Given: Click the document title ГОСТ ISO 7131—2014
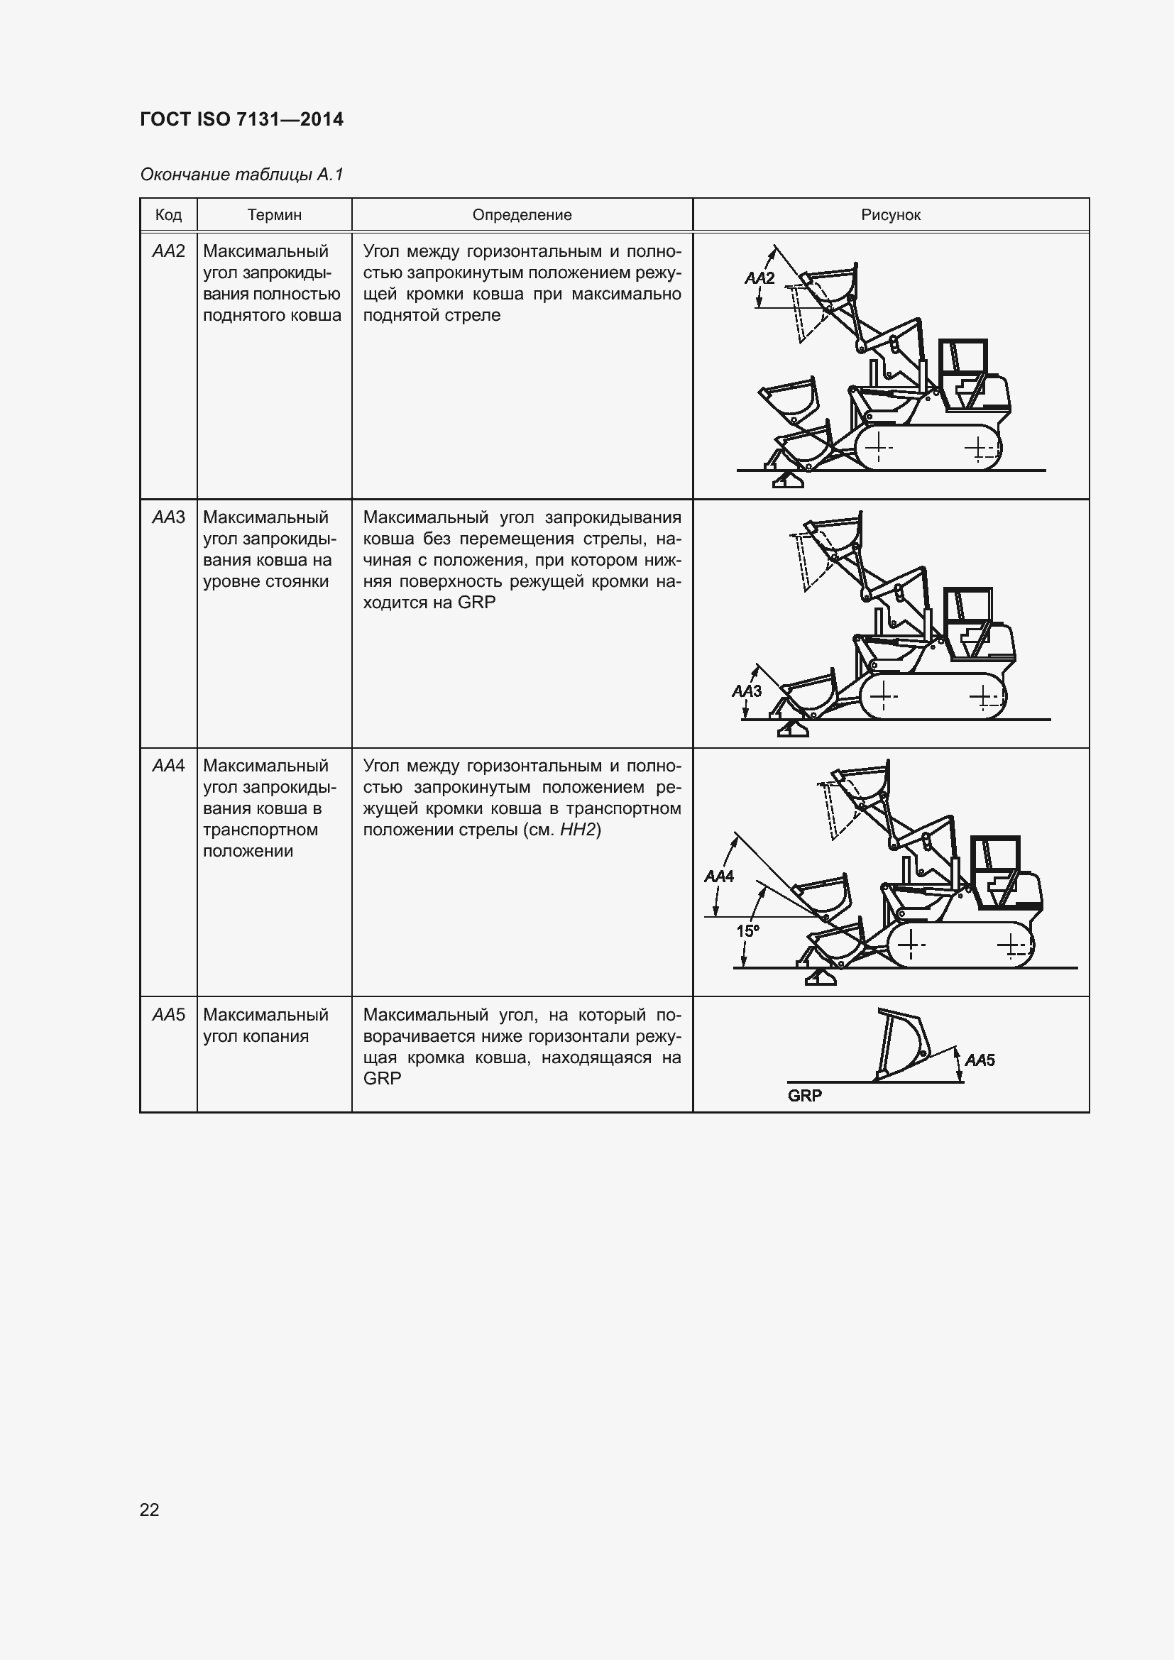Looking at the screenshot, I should point(241,119).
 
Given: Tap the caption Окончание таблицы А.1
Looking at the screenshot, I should point(241,175).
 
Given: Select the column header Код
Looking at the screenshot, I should point(168,215).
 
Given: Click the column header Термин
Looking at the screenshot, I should point(274,215).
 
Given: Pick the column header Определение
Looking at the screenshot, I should point(522,215).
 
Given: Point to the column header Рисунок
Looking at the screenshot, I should point(891,215).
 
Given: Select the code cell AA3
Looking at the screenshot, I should point(168,517).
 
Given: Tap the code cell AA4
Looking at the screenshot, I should point(168,766).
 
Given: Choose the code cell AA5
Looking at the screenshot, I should point(168,1015).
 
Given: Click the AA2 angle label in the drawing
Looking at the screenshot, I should point(759,278).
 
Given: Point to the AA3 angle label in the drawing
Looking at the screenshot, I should point(747,691).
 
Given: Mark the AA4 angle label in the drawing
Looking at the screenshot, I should point(718,876).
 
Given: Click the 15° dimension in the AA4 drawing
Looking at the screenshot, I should point(747,931).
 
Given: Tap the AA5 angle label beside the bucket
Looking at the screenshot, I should point(980,1060).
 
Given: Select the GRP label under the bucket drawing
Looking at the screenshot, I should point(805,1095).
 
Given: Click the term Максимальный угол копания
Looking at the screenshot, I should point(265,1026).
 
